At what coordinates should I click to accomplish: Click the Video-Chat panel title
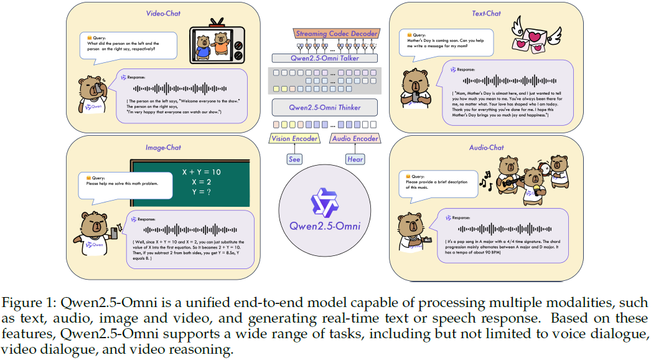tap(163, 13)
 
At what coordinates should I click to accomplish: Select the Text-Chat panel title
tap(486, 13)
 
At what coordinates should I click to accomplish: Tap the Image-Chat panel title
tap(164, 148)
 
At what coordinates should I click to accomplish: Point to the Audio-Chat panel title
tap(487, 148)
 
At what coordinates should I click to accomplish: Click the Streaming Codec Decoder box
tap(328, 33)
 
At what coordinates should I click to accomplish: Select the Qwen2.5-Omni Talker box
tap(324, 58)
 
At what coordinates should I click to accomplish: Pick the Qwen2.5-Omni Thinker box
tap(324, 107)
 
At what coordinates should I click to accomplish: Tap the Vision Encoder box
tap(294, 138)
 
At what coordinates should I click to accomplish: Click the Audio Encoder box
tap(354, 138)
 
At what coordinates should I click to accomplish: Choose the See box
tap(294, 159)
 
